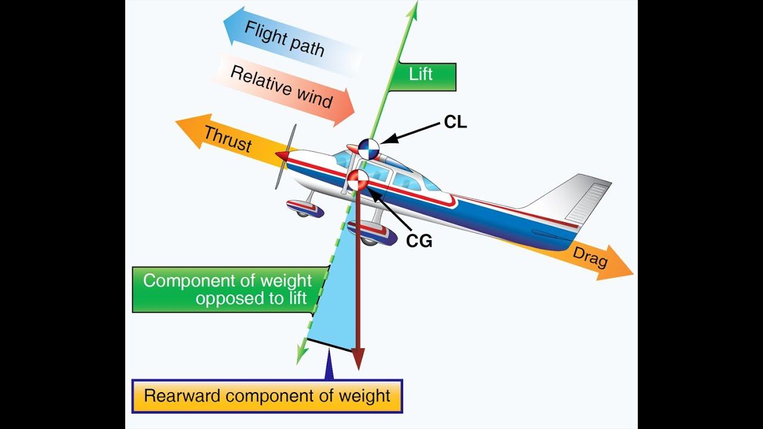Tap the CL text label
tap(455, 122)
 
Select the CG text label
tap(419, 241)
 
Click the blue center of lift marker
tap(368, 148)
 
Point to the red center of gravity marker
tap(358, 180)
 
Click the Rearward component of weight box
tap(267, 396)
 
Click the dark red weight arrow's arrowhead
tap(357, 359)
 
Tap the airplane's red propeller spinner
tap(282, 156)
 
